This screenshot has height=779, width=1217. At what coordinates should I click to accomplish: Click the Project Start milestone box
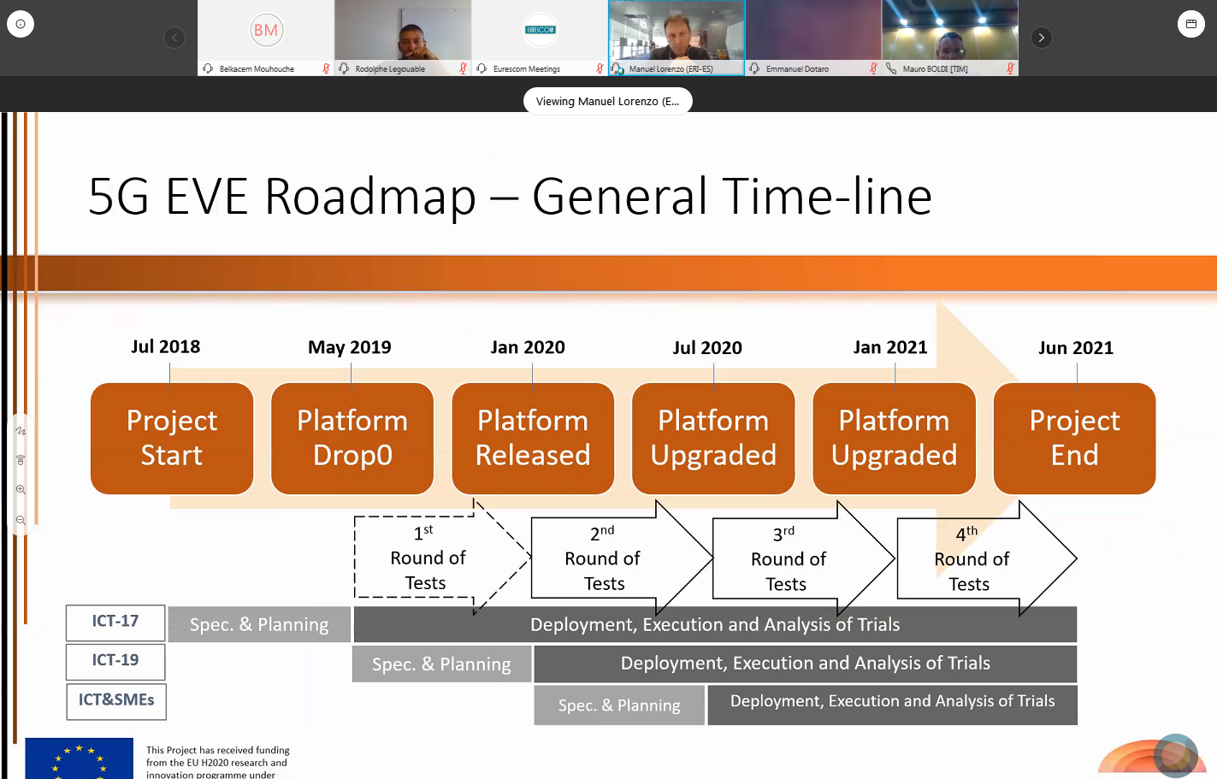(x=172, y=438)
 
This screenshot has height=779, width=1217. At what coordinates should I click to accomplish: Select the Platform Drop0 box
(x=352, y=438)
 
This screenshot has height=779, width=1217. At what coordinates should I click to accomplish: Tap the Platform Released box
(x=533, y=438)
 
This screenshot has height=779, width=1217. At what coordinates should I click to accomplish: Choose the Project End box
(x=1074, y=438)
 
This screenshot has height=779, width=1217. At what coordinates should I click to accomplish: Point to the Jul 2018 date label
(x=166, y=346)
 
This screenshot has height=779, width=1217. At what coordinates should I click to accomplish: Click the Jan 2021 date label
(x=890, y=347)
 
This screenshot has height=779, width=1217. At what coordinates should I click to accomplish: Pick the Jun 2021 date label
(x=1076, y=348)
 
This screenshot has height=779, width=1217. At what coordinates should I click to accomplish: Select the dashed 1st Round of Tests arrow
(x=428, y=558)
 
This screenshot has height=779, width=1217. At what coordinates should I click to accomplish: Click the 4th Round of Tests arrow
(x=972, y=559)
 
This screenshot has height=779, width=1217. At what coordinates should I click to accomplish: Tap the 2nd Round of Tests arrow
(x=604, y=558)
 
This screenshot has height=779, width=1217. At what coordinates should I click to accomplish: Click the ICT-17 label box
(x=115, y=622)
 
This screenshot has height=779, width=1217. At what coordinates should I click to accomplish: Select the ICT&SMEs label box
(x=116, y=700)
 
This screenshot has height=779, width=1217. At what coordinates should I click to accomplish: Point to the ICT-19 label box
(x=115, y=661)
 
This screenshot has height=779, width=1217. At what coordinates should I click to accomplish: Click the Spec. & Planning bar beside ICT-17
(x=259, y=625)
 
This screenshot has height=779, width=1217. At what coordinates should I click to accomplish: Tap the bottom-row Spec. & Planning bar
(x=619, y=705)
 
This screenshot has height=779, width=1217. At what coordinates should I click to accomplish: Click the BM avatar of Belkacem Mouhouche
(x=266, y=31)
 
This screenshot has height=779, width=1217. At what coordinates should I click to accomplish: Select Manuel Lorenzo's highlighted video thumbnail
(x=676, y=34)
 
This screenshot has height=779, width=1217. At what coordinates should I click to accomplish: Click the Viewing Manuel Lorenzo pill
(x=607, y=101)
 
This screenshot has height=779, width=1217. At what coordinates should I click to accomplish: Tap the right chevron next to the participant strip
(x=1041, y=38)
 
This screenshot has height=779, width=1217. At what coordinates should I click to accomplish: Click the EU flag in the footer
(x=79, y=758)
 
